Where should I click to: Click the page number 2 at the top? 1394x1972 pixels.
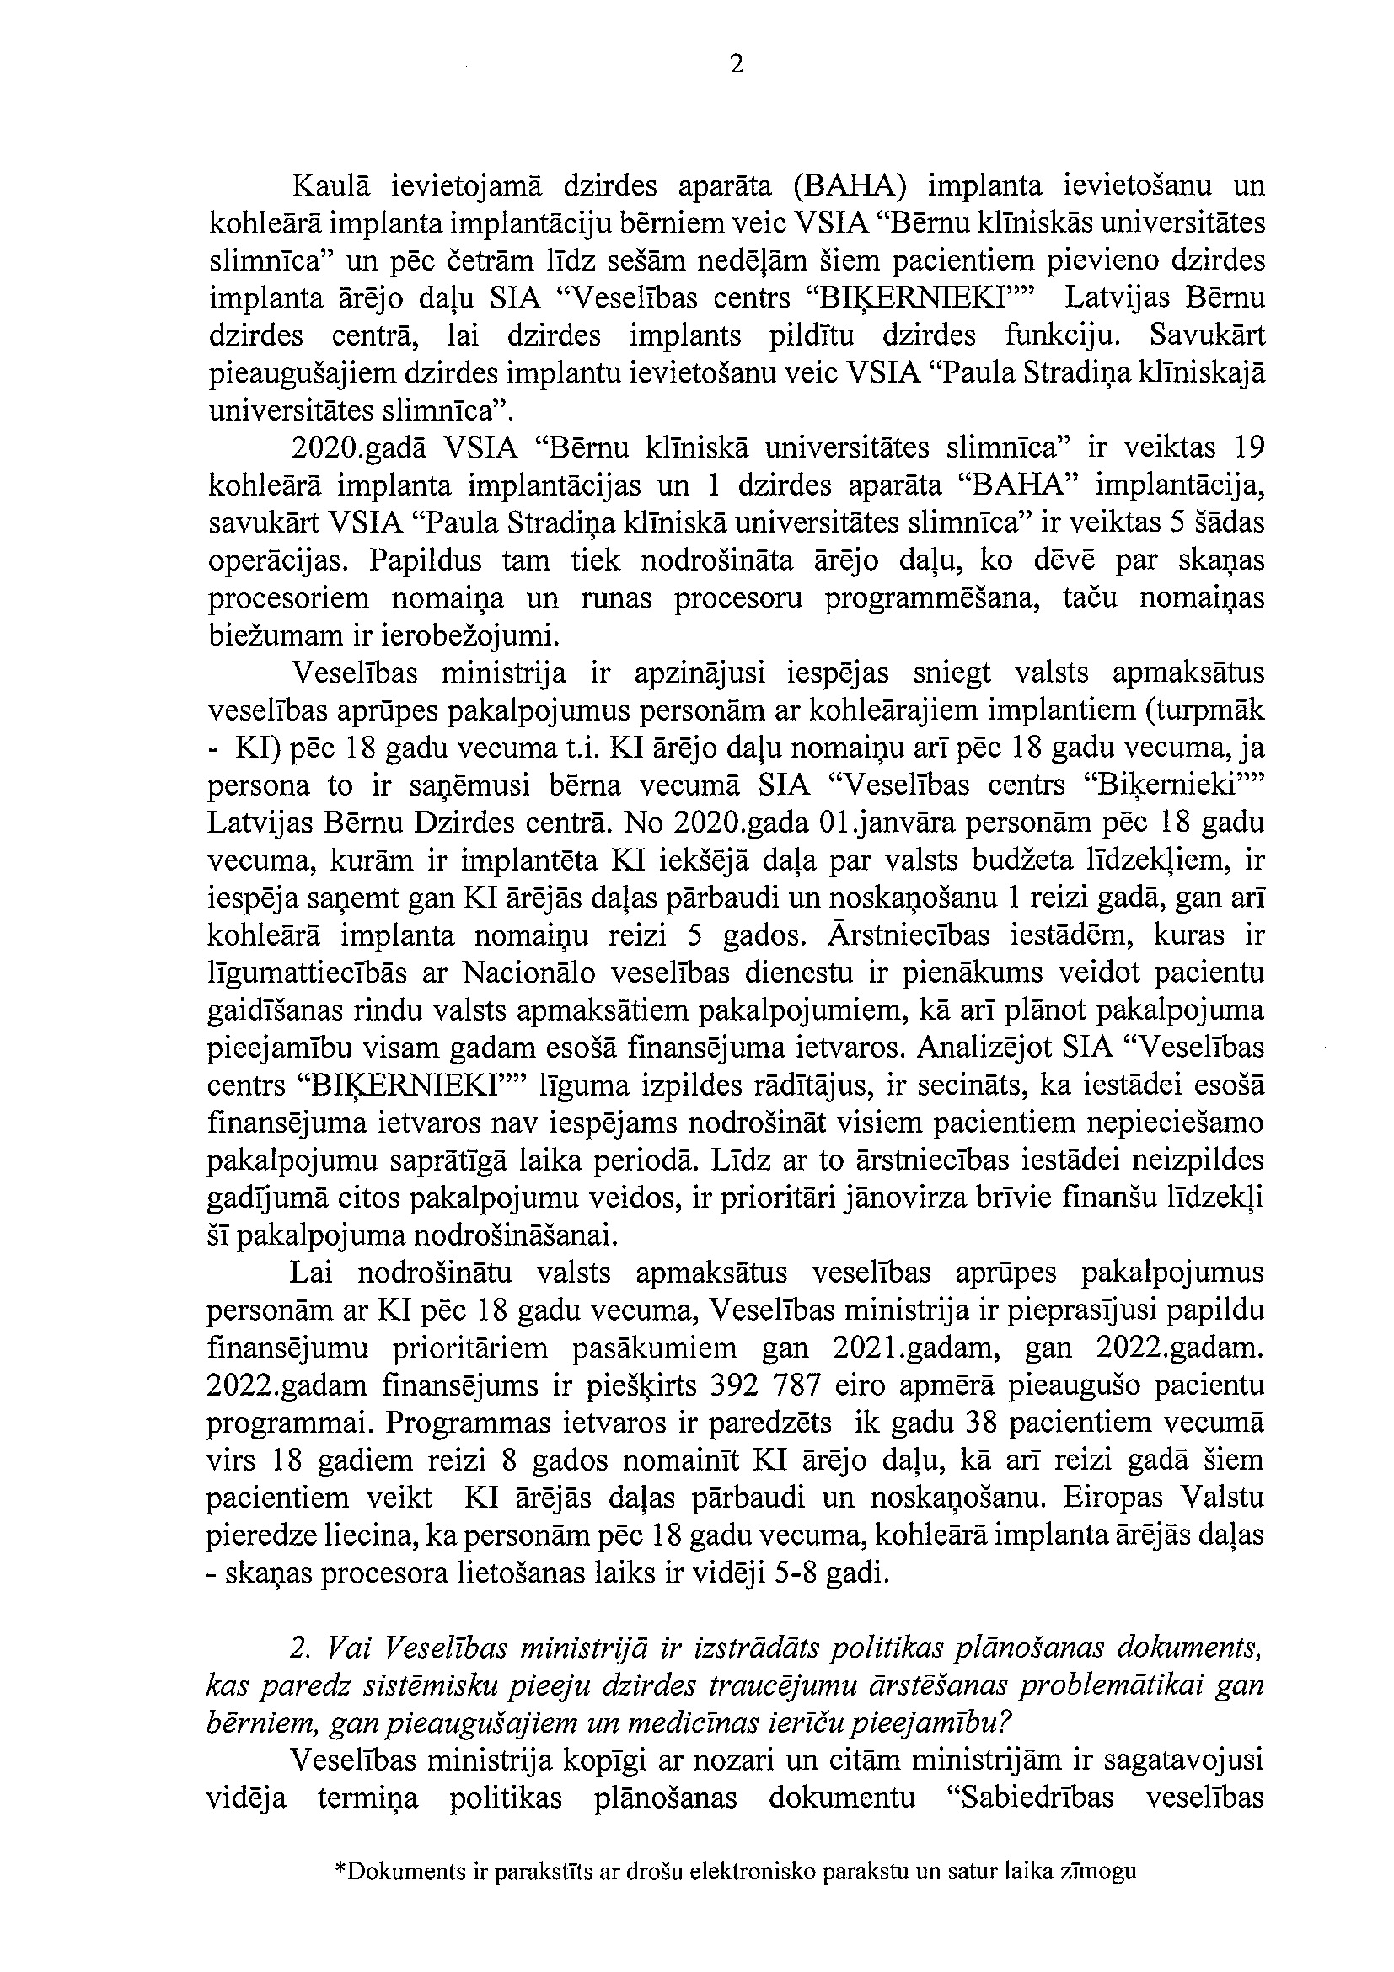click(x=736, y=65)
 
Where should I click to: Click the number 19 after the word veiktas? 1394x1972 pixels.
click(x=1247, y=448)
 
